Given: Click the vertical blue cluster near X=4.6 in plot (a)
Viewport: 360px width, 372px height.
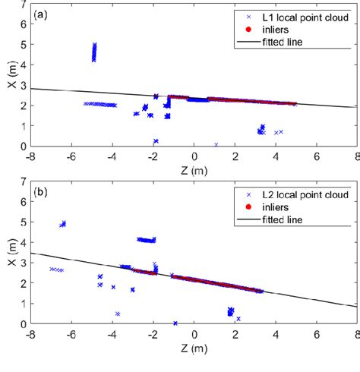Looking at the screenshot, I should tap(94, 52).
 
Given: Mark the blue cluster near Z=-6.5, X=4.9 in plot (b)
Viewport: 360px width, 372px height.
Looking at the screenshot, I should tap(63, 224).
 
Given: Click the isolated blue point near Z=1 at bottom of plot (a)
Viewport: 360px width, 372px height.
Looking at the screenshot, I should tap(216, 144).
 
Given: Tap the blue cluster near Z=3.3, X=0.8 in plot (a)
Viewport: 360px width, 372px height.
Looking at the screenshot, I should tap(261, 130).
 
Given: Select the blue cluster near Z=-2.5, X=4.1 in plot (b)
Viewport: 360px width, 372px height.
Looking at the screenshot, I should tap(146, 240).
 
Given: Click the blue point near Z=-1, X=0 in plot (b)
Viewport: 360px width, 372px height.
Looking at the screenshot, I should tap(175, 323).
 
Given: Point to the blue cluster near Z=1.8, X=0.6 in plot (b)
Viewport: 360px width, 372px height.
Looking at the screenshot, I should tap(231, 311).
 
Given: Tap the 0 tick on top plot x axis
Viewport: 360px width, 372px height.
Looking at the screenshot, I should tap(194, 156).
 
